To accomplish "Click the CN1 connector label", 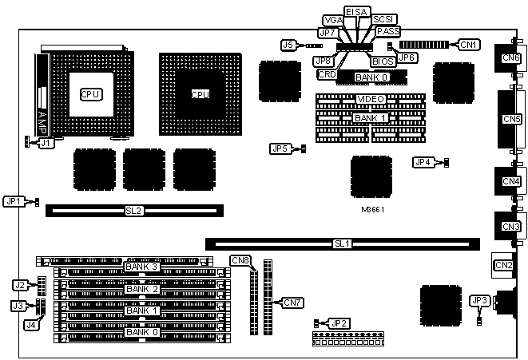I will click(x=470, y=45).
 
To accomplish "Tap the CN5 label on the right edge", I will click(x=511, y=119).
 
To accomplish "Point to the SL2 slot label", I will click(x=133, y=211).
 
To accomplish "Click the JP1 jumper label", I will click(x=14, y=201).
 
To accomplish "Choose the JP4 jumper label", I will click(x=423, y=162).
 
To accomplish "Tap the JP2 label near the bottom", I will click(x=339, y=322).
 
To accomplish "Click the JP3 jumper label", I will click(x=479, y=300).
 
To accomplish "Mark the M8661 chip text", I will click(x=371, y=210).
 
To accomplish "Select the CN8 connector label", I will click(x=240, y=260).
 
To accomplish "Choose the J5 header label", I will click(x=290, y=45).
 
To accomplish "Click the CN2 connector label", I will click(x=503, y=265).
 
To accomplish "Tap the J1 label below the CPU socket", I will click(x=46, y=144).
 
